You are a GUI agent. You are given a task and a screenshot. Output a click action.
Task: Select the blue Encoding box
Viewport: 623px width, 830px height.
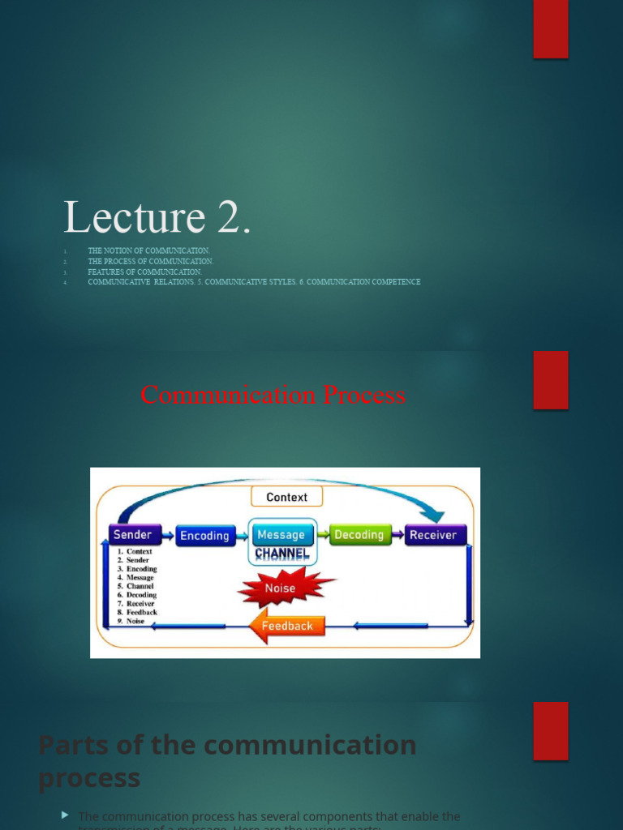[x=204, y=536]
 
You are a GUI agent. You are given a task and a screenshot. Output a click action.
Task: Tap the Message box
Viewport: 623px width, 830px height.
[x=281, y=535]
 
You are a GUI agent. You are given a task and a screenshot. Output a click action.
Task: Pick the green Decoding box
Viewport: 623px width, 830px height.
[x=359, y=535]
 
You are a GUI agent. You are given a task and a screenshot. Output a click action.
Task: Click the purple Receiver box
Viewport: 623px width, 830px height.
[x=433, y=535]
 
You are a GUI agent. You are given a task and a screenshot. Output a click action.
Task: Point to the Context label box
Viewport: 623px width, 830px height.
[x=286, y=497]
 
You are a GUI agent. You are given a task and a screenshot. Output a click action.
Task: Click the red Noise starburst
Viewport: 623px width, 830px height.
[x=281, y=588]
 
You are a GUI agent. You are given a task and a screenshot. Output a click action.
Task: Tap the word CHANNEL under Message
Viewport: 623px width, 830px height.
[x=281, y=554]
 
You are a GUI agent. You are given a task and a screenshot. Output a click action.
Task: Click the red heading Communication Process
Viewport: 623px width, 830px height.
[x=273, y=395]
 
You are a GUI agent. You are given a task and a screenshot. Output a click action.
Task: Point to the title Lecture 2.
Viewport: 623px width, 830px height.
[x=157, y=217]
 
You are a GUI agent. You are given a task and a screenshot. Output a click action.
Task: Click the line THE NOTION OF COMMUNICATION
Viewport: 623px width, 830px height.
[x=148, y=251]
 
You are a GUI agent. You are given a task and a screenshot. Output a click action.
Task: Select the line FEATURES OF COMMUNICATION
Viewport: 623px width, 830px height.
[x=144, y=272]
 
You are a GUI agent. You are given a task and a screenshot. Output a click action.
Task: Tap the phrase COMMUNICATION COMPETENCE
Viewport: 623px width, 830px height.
[x=363, y=282]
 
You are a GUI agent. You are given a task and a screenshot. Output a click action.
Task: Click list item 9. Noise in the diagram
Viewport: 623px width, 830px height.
[x=131, y=621]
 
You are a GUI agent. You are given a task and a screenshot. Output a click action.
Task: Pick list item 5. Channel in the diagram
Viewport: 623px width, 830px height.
[x=135, y=586]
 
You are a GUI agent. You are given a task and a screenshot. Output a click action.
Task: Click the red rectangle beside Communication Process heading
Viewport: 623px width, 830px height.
[x=550, y=379]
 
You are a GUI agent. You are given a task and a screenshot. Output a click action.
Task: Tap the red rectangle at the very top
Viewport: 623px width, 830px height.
[x=550, y=29]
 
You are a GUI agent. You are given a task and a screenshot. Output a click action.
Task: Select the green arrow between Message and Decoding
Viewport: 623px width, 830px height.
[x=322, y=535]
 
